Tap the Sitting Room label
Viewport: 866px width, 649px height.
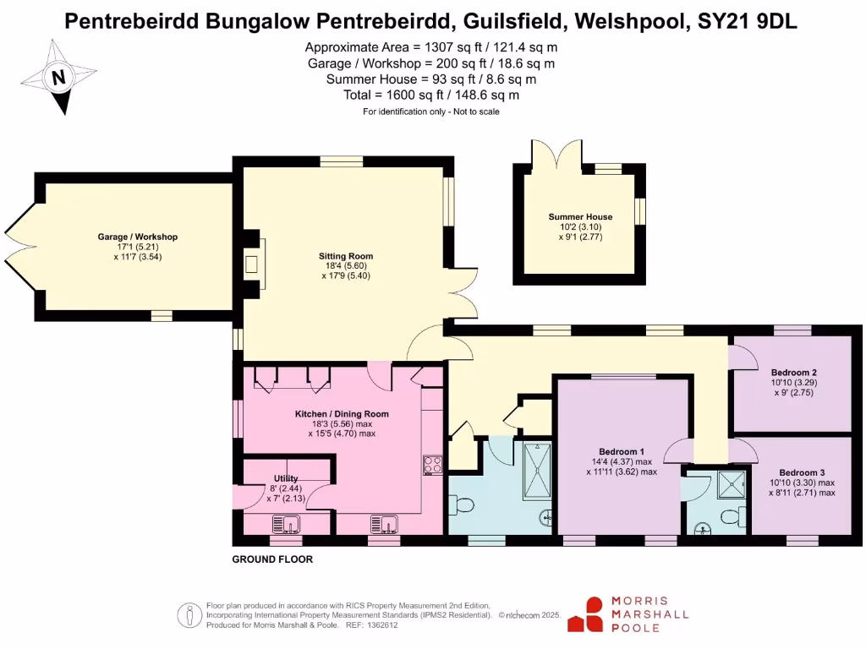tap(346, 256)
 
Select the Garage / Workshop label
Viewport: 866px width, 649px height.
tap(137, 237)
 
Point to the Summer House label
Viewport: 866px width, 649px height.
tap(580, 217)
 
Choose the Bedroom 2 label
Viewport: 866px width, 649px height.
tap(793, 372)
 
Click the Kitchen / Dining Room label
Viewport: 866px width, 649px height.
tap(342, 414)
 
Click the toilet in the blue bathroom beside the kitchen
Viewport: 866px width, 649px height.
tap(463, 505)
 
